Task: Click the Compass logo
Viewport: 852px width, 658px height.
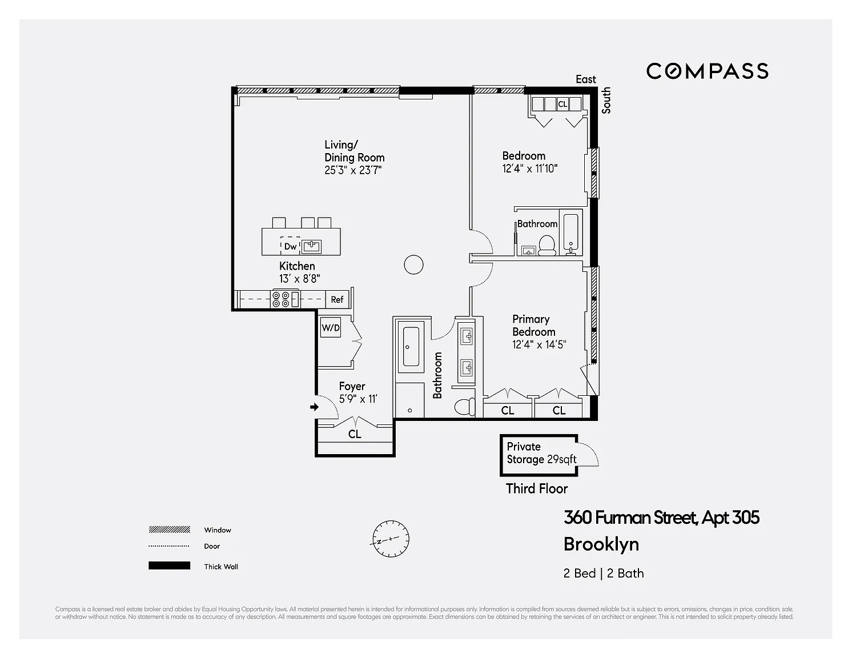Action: tap(708, 71)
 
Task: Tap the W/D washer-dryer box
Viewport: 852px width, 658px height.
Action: tap(331, 327)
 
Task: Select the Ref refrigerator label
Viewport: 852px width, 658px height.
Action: tap(337, 300)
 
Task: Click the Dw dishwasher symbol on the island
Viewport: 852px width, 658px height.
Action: tap(290, 246)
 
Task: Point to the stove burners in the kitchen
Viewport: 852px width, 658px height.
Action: tap(281, 300)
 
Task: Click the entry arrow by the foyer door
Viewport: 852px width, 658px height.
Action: tap(315, 407)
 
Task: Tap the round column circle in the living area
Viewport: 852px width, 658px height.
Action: tap(413, 264)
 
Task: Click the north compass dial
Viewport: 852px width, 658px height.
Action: tap(391, 539)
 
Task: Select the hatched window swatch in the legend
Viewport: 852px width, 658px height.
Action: tap(170, 530)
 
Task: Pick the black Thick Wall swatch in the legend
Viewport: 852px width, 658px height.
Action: tap(170, 565)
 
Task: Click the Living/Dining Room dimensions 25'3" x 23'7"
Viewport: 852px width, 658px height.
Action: tap(353, 170)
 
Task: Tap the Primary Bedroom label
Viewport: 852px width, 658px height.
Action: tap(533, 326)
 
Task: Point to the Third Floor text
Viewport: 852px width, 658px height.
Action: tap(536, 488)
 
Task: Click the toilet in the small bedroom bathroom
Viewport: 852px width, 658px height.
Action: tap(547, 246)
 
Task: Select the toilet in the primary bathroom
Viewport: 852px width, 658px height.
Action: tap(465, 407)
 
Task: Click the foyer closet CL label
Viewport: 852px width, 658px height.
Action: tap(355, 434)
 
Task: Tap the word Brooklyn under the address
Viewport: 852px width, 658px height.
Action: tap(601, 545)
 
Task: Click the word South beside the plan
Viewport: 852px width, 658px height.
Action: tap(606, 101)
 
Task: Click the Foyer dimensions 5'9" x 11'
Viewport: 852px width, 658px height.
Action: tap(358, 399)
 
